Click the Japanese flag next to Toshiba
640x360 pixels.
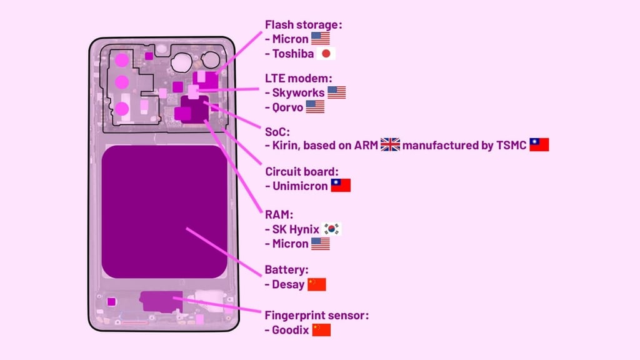(326, 54)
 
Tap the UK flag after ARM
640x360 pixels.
(390, 146)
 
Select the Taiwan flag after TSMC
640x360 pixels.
(539, 145)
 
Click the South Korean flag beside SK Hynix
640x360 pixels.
(331, 229)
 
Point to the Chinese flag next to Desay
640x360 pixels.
(317, 284)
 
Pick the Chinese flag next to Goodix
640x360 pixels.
(321, 330)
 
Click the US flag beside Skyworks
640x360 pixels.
(336, 92)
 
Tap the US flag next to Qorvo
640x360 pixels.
(315, 107)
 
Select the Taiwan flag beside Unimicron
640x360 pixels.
(341, 186)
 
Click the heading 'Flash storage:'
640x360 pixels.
(304, 25)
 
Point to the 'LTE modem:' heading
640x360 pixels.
(299, 78)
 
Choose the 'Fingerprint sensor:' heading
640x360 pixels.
(317, 316)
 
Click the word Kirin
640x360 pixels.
(286, 146)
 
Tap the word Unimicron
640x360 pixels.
(299, 186)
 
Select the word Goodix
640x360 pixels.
(291, 330)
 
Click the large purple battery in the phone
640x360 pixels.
(164, 211)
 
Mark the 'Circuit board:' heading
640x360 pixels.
(302, 171)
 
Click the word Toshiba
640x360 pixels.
(292, 54)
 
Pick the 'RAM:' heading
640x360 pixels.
(279, 215)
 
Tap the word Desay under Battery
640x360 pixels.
(288, 284)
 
